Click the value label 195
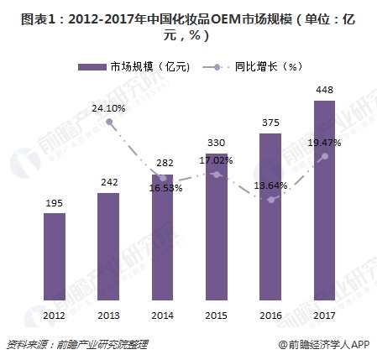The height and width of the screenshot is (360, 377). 54,203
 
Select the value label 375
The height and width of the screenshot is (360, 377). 270,123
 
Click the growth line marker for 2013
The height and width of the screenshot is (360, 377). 108,123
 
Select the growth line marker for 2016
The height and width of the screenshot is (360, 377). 270,199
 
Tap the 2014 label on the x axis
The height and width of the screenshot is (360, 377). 162,315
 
